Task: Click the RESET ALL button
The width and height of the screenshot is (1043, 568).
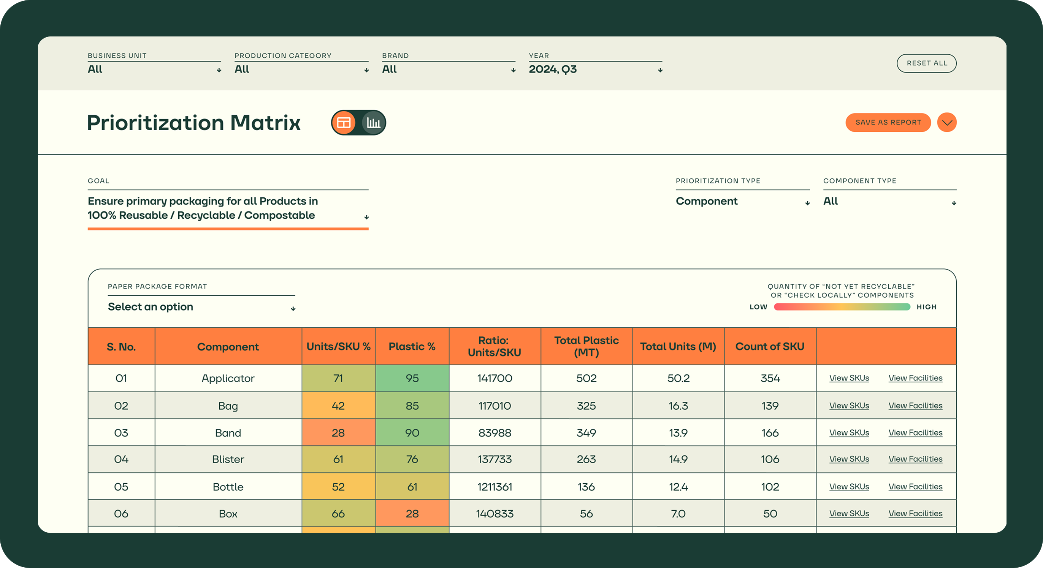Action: (x=926, y=63)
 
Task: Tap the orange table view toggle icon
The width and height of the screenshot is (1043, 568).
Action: (x=344, y=123)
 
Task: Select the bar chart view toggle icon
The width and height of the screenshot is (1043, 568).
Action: (x=373, y=123)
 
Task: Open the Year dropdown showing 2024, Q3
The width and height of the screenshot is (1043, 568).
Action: (x=595, y=69)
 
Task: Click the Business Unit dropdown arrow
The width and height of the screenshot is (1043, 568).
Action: (x=219, y=70)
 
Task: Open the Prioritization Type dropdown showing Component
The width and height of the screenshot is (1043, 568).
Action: (x=742, y=201)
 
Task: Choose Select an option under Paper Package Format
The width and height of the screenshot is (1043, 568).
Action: (x=201, y=307)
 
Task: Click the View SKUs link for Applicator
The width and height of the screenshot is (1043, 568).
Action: (x=849, y=378)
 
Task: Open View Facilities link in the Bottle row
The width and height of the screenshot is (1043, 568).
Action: (x=915, y=486)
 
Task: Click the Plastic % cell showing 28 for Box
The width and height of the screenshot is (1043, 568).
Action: (x=412, y=513)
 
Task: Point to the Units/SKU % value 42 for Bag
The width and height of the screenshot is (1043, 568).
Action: (x=338, y=405)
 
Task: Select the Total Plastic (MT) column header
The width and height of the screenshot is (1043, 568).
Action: (x=586, y=346)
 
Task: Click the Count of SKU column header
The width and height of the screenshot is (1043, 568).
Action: (x=770, y=346)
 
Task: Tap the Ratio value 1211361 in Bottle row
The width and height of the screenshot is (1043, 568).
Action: (x=495, y=486)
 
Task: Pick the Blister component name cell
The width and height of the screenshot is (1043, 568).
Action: (x=228, y=459)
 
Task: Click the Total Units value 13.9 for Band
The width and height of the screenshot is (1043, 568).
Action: (x=678, y=432)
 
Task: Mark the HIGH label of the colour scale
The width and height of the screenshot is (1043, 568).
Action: (x=926, y=307)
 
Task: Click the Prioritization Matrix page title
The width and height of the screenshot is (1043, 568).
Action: (x=193, y=123)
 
